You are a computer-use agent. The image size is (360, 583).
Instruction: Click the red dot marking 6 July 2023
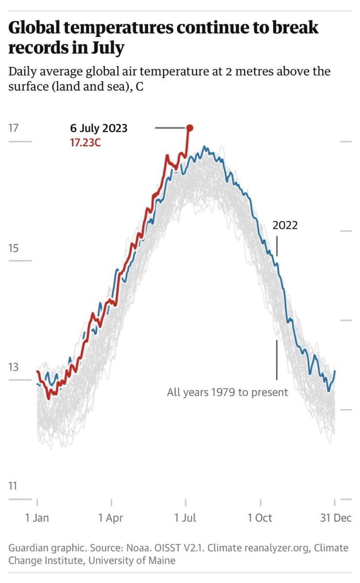click(189, 128)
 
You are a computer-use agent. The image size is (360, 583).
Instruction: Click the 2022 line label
click(285, 225)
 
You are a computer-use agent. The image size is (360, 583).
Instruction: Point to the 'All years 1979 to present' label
click(227, 392)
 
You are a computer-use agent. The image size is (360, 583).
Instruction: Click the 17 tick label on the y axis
click(13, 129)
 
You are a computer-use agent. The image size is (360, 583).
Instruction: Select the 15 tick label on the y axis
click(13, 249)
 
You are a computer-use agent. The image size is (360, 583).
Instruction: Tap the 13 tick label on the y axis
click(13, 367)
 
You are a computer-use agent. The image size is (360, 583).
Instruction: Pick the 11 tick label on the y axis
click(13, 486)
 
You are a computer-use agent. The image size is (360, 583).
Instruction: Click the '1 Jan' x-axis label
click(37, 518)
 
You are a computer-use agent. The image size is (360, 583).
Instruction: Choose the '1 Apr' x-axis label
click(111, 518)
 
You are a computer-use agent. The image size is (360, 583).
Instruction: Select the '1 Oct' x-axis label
click(260, 518)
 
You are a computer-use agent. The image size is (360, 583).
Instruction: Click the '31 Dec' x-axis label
click(335, 518)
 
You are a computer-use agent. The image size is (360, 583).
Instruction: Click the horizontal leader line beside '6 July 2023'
click(170, 128)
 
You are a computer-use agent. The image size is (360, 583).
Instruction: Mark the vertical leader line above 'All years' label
click(277, 360)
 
